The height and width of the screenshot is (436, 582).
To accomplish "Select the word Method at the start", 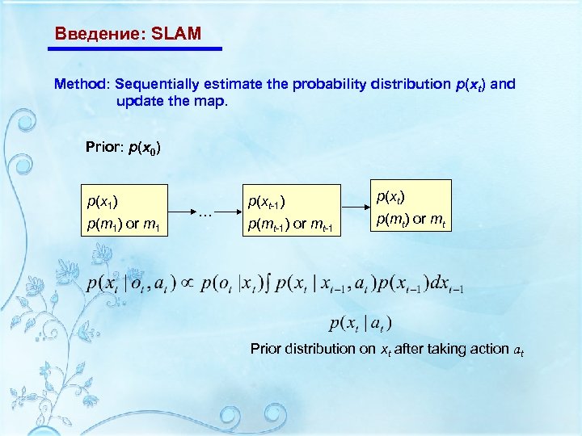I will [x=82, y=84].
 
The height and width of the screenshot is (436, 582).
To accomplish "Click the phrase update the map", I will [x=172, y=102].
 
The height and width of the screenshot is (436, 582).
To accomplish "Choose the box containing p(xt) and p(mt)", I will [x=411, y=205].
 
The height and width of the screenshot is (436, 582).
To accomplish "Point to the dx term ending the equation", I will [x=443, y=285].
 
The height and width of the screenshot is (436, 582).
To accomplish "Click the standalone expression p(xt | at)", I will [x=361, y=324].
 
